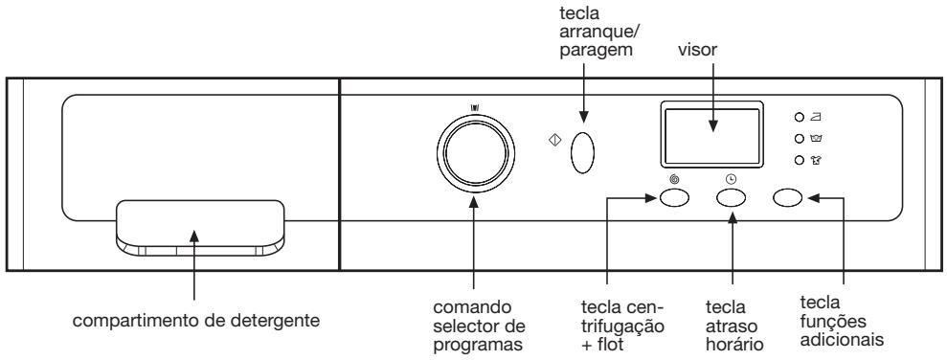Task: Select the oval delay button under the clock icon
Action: [732, 198]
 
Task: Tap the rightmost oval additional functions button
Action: [788, 198]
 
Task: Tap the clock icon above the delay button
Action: [732, 179]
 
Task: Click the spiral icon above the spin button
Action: [674, 179]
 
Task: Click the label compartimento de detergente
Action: [195, 319]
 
